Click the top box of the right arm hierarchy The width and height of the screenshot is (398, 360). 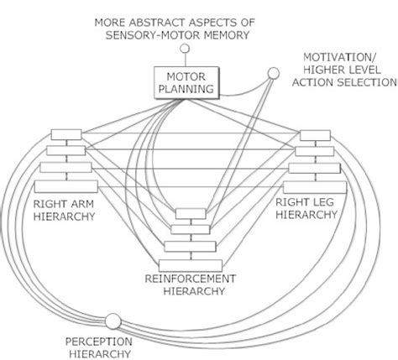point(63,135)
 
